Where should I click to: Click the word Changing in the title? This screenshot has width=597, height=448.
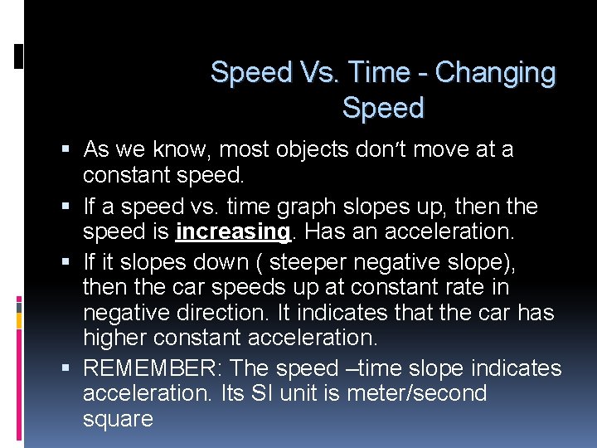point(494,73)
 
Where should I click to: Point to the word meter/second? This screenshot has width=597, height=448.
point(416,393)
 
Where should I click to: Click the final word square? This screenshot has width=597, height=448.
point(118,419)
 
